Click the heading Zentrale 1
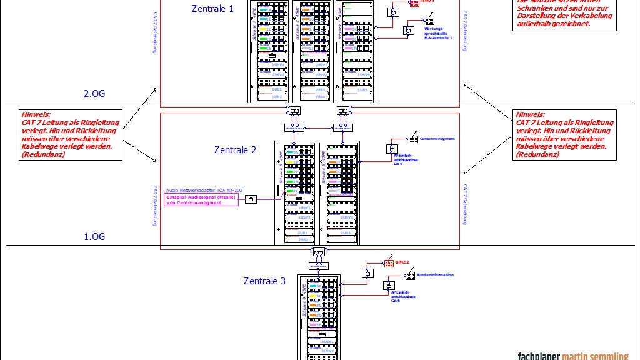tap(213, 9)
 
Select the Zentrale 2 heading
tap(235, 150)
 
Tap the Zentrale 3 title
tap(264, 281)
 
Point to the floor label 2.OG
tap(95, 94)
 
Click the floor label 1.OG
tap(95, 237)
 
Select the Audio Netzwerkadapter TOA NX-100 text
tap(204, 189)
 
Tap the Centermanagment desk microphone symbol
tap(413, 139)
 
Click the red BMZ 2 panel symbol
tap(389, 263)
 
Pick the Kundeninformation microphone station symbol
tap(410, 276)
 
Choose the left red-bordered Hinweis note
tap(70, 134)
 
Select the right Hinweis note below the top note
tap(564, 134)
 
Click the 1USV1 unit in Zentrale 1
tap(277, 65)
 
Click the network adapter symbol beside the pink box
tap(251, 199)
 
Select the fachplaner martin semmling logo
tap(572, 356)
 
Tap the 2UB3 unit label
tap(346, 232)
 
